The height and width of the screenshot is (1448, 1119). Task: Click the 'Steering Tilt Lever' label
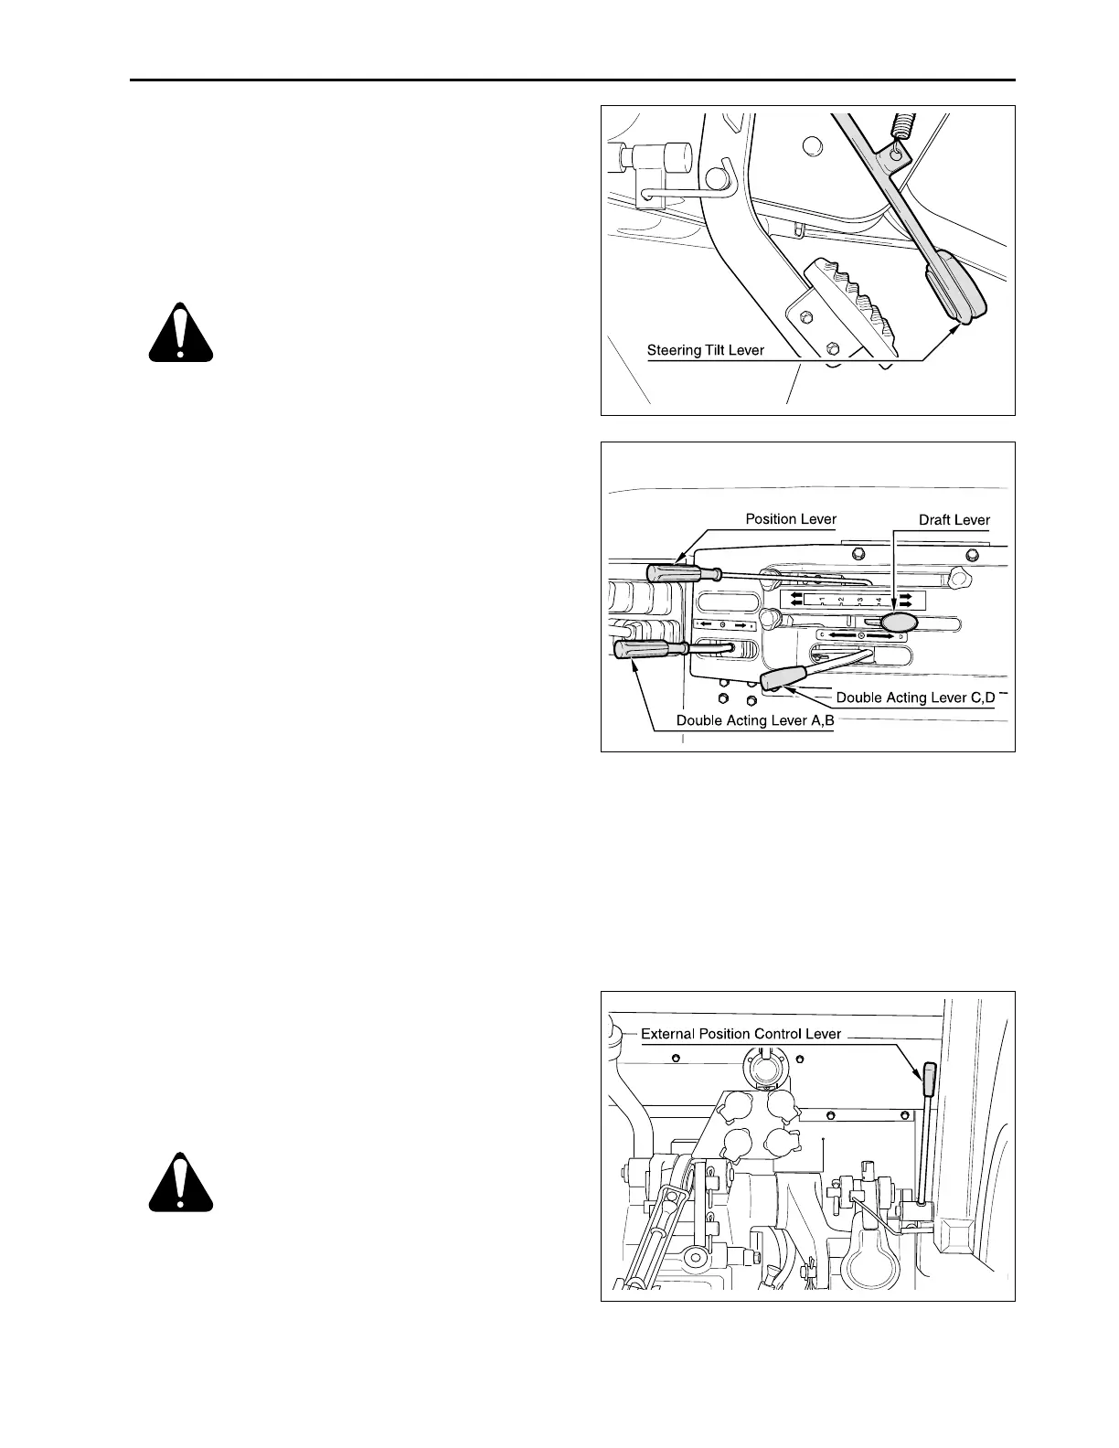point(705,350)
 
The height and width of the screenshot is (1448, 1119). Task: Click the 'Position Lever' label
point(791,519)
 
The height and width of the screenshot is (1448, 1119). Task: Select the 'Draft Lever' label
point(954,520)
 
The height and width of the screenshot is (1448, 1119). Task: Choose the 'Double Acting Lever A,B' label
point(755,720)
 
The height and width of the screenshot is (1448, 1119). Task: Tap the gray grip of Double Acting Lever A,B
point(650,648)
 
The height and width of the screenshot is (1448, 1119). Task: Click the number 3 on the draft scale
point(860,601)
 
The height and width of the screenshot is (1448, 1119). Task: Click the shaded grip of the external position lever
point(930,1079)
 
